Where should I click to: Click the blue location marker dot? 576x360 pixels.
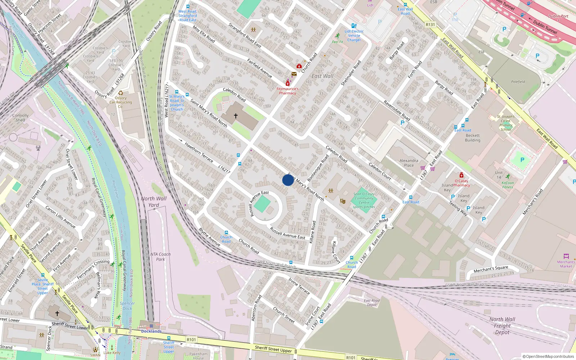288,180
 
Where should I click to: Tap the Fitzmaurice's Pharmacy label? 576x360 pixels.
287,91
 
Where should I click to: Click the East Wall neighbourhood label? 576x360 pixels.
322,76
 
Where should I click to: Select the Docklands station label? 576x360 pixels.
151,331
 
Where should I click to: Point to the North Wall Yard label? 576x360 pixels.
154,202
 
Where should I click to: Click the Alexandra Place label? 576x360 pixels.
409,163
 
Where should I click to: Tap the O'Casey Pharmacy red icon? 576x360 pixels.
462,175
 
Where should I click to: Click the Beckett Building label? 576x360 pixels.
472,138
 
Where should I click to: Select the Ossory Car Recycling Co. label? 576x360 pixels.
121,102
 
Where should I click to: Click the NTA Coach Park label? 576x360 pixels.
160,257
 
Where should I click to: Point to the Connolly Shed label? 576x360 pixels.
20,118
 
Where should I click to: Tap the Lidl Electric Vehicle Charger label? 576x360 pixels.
354,36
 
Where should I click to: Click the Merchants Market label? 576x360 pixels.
566,264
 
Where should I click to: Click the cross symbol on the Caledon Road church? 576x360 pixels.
236,116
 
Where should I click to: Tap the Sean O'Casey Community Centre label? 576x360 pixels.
364,201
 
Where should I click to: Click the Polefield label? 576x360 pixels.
518,82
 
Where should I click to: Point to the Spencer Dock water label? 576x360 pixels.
127,306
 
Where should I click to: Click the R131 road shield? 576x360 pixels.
430,25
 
